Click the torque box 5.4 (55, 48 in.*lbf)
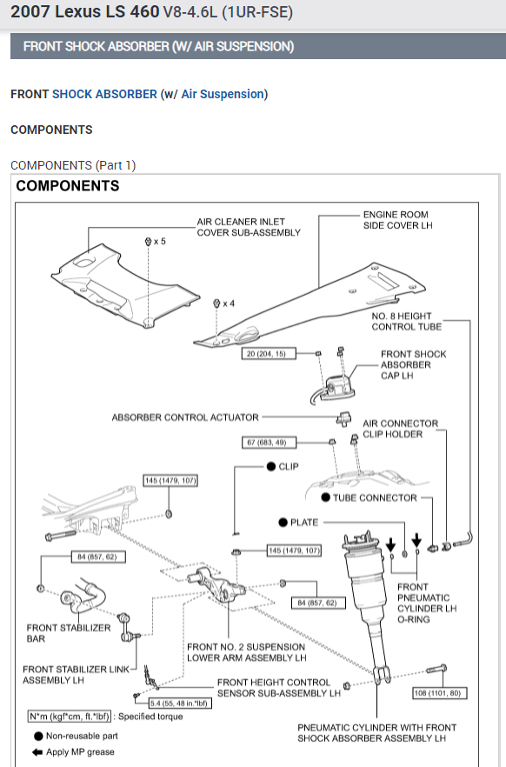[180, 704]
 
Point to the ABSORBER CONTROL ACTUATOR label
[185, 417]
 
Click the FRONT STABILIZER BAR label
[69, 633]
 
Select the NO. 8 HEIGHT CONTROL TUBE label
[407, 322]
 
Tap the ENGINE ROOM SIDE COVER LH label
[398, 220]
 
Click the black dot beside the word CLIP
[271, 467]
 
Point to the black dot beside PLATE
[283, 523]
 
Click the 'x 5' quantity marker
[160, 241]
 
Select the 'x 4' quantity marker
[229, 303]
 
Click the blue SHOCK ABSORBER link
[104, 94]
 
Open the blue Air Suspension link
[223, 94]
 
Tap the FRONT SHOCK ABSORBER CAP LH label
[414, 365]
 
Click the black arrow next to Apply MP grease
[37, 752]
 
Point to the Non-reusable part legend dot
[38, 737]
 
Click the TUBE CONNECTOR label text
[375, 498]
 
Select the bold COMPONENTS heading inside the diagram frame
[68, 186]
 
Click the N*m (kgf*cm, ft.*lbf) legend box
[69, 717]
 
